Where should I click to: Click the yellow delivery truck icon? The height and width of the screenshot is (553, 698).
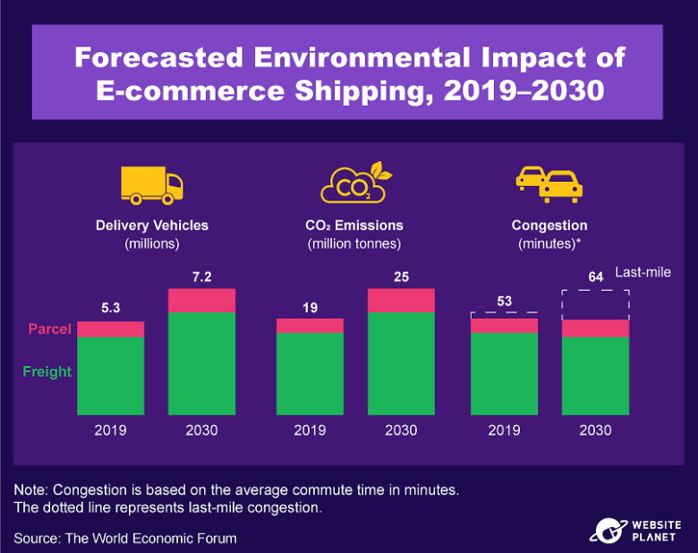tap(152, 183)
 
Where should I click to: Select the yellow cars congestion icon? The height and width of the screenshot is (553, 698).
tap(549, 183)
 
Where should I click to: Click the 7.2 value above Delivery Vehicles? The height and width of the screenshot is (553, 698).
tap(201, 276)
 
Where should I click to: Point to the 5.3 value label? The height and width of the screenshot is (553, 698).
tap(110, 309)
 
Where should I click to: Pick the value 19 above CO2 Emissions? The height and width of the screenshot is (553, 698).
tap(310, 307)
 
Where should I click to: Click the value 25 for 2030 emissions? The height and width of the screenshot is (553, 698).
tap(401, 276)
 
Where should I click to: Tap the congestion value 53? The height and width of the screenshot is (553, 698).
tap(504, 301)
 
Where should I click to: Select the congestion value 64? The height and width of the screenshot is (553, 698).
tap(595, 276)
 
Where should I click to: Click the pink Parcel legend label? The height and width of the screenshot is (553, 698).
tap(49, 329)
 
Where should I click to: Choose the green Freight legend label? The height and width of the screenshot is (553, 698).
tap(47, 371)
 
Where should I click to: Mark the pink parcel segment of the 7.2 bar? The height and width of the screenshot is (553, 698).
tap(201, 301)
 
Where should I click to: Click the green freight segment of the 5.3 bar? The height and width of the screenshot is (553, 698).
tap(110, 376)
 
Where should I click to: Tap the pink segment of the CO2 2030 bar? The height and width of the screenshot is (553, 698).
tap(401, 301)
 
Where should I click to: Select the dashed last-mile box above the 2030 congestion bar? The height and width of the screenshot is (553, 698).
tap(595, 305)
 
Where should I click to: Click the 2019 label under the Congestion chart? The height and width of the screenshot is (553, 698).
tap(504, 430)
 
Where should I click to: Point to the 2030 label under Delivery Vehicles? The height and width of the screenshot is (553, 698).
tap(201, 430)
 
